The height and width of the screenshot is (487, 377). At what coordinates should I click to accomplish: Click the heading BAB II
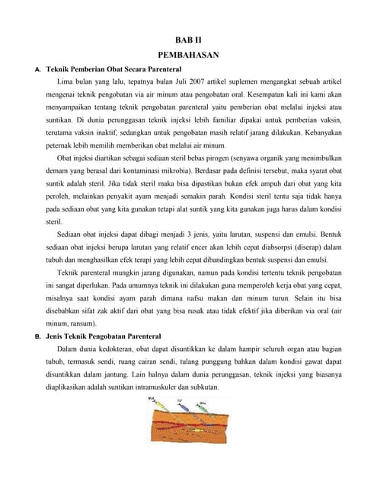tap(189, 38)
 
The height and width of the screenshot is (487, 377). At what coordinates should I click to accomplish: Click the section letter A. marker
tap(38, 69)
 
